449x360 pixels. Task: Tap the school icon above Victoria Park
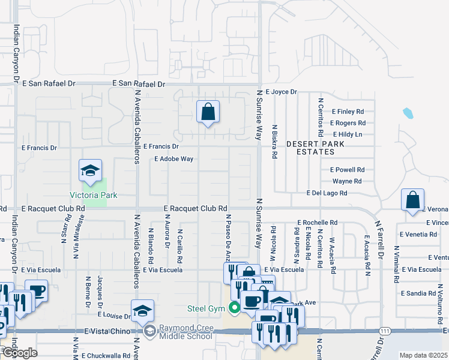point(90,172)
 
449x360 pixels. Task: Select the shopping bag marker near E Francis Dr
point(208,112)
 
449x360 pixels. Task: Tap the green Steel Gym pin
point(234,309)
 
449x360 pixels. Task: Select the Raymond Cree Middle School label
point(185,332)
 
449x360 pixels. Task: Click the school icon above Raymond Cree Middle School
point(142,311)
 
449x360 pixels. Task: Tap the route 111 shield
point(385,331)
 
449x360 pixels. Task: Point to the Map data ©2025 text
point(423,355)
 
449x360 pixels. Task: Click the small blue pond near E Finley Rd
point(408,113)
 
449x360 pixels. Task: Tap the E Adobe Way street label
point(173,159)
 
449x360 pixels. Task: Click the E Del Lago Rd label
point(326,193)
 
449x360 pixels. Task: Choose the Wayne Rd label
point(347,181)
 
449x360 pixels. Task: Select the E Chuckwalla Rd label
point(104,355)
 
